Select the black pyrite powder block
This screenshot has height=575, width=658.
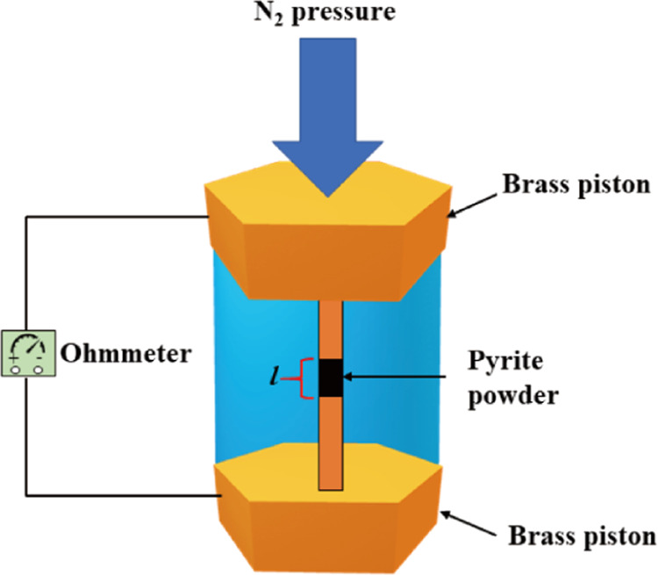tap(330, 377)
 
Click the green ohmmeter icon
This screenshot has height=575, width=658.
tap(28, 356)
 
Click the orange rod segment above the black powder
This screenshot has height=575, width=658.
tap(330, 329)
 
